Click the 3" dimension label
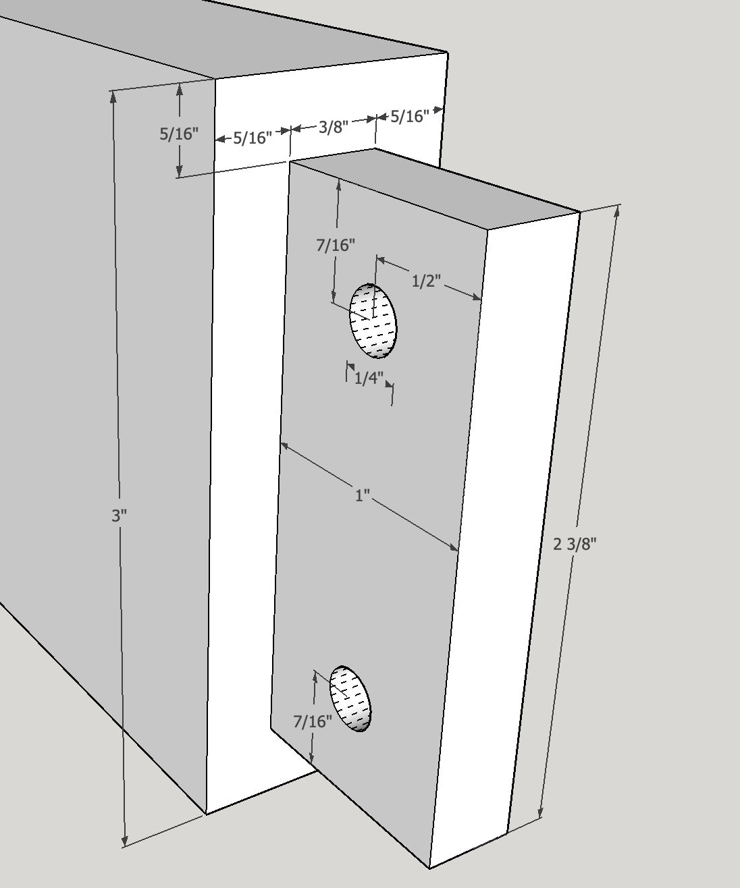119,516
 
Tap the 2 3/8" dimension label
575,544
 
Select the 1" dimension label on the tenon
362,495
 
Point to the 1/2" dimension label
426,281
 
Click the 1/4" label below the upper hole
369,378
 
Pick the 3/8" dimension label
333,126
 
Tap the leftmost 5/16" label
179,134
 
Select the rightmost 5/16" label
410,115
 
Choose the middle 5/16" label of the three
253,138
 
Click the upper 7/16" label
336,245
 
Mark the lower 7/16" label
313,721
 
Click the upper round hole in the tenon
373,321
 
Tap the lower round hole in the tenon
350,698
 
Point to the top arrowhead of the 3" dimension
113,97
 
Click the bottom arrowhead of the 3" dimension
125,839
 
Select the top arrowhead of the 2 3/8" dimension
617,211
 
